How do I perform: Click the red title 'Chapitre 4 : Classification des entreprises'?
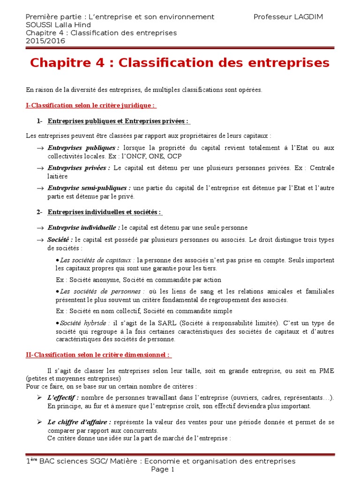point(180,63)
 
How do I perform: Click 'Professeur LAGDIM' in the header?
point(288,17)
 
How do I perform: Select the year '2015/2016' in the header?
point(45,41)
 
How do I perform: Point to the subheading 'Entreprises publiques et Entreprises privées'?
point(118,121)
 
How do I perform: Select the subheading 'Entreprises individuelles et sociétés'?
point(105,212)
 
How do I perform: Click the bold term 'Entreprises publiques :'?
point(83,148)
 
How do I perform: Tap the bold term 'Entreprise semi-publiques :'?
point(89,188)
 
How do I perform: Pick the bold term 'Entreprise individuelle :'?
point(84,228)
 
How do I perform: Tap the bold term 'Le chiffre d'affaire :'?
point(79,422)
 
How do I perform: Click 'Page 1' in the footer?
point(163,469)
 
